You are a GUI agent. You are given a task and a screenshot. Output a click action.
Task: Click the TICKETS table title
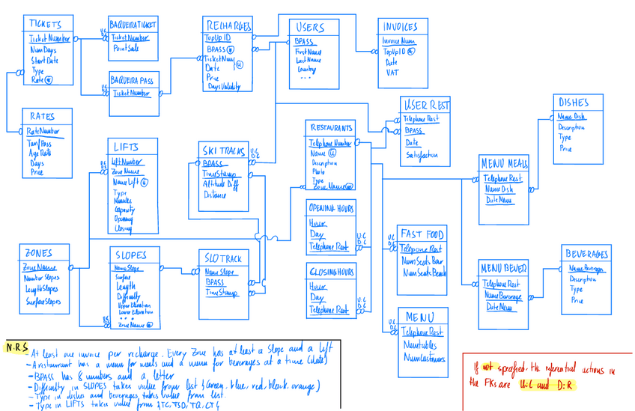click(49, 25)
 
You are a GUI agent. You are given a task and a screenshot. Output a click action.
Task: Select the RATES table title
click(42, 117)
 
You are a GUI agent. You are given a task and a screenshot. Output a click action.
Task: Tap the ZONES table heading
click(38, 253)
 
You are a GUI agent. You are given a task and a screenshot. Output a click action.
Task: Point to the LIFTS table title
click(125, 147)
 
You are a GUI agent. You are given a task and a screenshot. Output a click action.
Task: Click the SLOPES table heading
click(132, 255)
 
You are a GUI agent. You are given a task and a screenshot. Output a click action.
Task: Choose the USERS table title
click(310, 28)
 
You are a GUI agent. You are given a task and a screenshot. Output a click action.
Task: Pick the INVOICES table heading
click(401, 27)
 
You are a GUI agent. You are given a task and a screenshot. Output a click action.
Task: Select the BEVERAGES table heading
click(587, 254)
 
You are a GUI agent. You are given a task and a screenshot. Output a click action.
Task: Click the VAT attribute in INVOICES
click(392, 73)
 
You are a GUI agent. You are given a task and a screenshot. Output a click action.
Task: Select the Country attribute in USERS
click(306, 69)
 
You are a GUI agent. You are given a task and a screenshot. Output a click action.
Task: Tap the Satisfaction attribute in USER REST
click(422, 155)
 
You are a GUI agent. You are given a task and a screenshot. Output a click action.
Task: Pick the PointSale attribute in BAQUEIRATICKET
click(126, 49)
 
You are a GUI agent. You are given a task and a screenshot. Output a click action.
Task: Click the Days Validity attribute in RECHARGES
click(223, 88)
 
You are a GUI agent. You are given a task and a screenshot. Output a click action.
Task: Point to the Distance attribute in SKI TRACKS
click(215, 195)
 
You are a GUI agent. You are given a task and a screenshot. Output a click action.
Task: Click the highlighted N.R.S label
click(16, 347)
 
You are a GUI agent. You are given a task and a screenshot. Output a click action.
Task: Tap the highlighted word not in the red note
click(487, 368)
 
